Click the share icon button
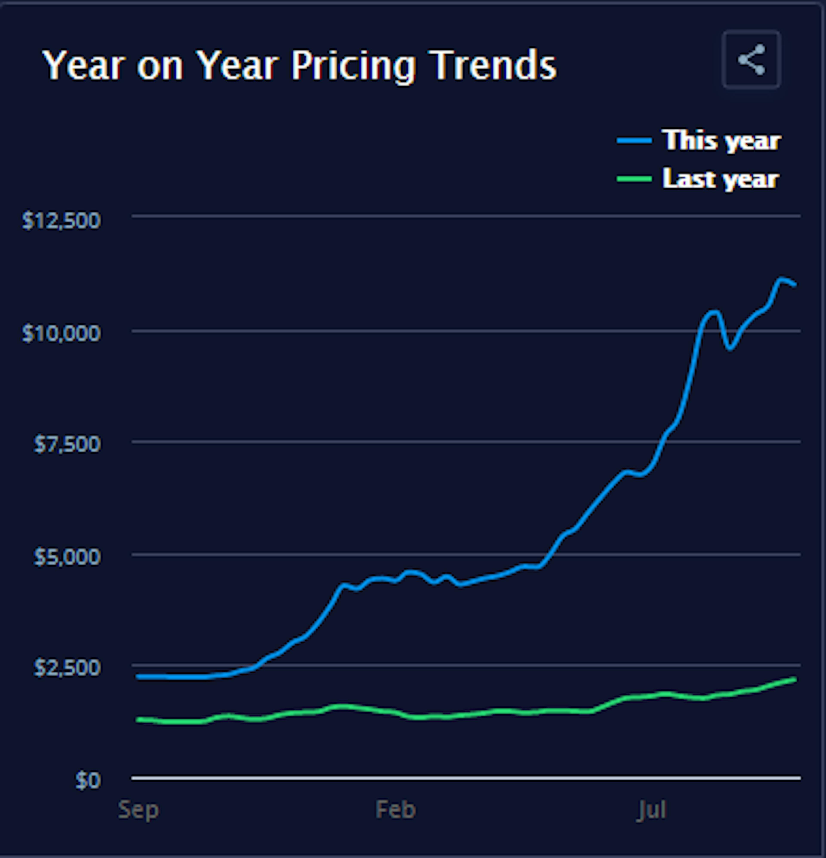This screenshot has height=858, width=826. pyautogui.click(x=751, y=60)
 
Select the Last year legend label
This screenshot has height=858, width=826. pyautogui.click(x=720, y=179)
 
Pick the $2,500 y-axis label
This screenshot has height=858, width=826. pyautogui.click(x=67, y=668)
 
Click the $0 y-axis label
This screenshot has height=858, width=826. pyautogui.click(x=88, y=780)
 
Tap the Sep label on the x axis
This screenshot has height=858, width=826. pyautogui.click(x=138, y=810)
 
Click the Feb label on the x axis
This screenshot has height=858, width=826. pyautogui.click(x=395, y=810)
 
